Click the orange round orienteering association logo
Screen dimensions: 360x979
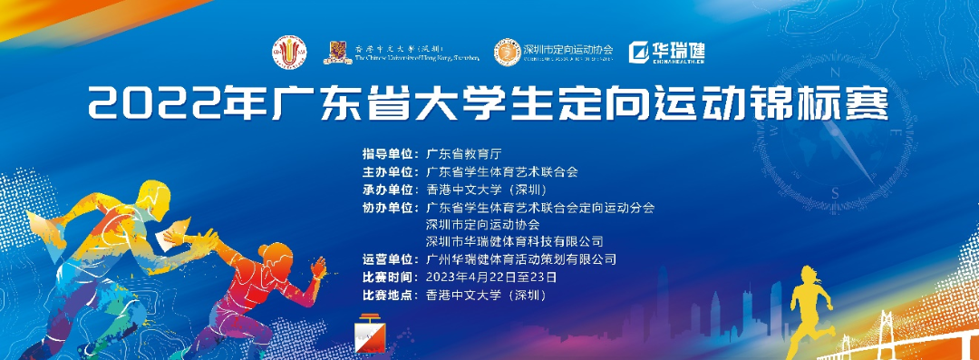point(506,52)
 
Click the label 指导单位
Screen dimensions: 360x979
point(389,154)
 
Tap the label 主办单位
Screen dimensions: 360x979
point(389,171)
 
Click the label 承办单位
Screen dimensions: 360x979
point(389,190)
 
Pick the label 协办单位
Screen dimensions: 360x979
point(389,207)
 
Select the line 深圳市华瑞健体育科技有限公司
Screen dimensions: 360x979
point(514,241)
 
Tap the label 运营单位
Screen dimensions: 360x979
point(389,259)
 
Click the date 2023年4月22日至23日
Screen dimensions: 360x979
point(491,277)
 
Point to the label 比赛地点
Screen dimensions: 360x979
point(389,295)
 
